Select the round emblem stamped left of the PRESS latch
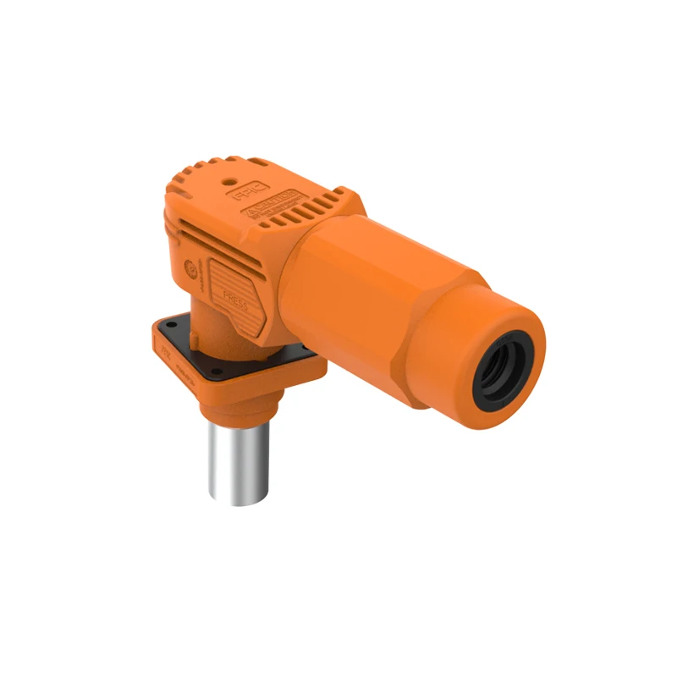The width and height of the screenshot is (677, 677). [x=191, y=272]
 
